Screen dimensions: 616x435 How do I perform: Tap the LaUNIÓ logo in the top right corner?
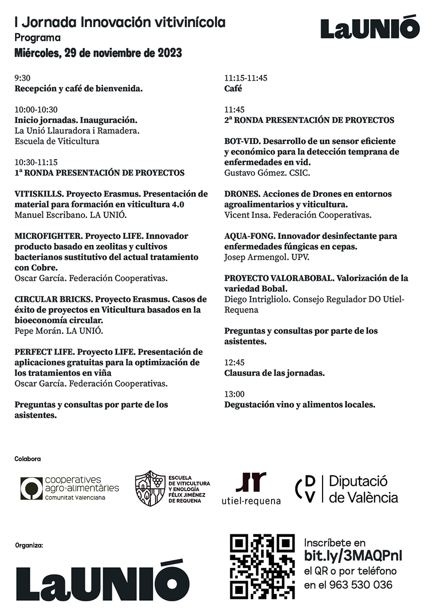(370, 28)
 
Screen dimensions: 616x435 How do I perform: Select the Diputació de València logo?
(347, 489)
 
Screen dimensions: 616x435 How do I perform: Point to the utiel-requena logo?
(251, 489)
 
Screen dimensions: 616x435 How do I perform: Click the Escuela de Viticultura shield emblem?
(150, 488)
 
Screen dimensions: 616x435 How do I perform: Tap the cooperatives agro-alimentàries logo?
(70, 488)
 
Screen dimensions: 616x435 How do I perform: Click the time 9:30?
(23, 78)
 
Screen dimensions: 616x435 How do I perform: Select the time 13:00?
(234, 394)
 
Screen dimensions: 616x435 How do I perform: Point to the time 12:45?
(234, 362)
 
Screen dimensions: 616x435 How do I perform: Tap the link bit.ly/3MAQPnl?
(353, 556)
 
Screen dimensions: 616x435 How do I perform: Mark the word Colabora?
(27, 459)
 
